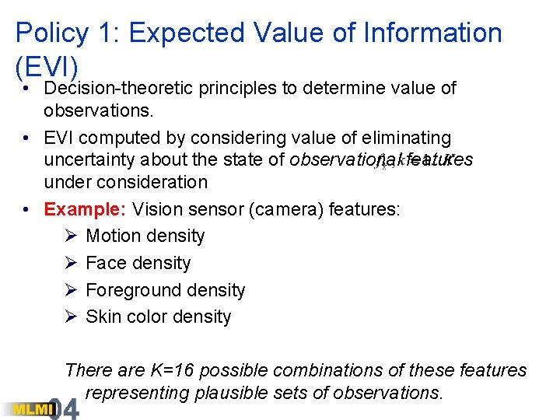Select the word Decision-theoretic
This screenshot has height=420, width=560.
coord(118,89)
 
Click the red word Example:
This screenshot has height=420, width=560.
coord(85,209)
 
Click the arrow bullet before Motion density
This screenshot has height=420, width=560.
coord(71,236)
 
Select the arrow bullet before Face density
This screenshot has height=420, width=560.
coord(71,263)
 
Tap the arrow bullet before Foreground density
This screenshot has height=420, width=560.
coord(71,290)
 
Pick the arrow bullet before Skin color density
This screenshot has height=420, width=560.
coord(71,317)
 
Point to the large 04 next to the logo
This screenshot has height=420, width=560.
coord(63,408)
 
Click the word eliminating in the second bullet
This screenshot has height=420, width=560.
coord(407,138)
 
